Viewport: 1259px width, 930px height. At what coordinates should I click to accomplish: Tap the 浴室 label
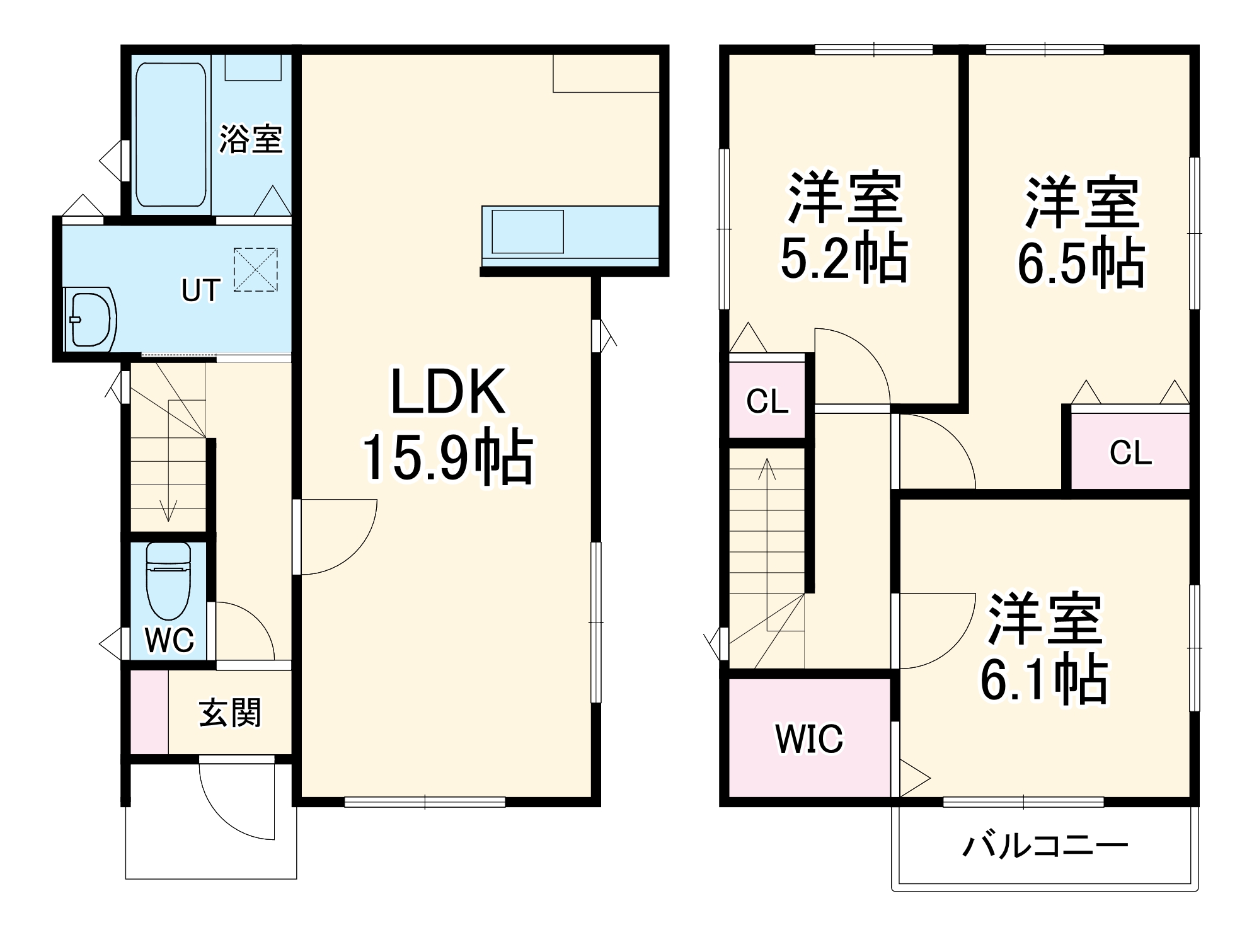[x=251, y=139]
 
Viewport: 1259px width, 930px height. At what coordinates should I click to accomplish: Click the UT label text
[x=200, y=290]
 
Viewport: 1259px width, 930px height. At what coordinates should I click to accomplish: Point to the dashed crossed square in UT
[x=255, y=270]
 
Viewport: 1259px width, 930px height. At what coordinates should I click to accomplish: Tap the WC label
[x=170, y=640]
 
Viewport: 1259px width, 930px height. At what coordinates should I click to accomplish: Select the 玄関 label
[x=229, y=714]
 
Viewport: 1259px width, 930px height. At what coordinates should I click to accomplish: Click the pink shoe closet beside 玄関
[x=149, y=712]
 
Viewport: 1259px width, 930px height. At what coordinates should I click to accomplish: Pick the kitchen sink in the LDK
[x=527, y=231]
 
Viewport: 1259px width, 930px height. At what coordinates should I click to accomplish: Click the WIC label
[x=809, y=739]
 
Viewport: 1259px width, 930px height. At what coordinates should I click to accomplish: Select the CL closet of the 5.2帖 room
[x=767, y=401]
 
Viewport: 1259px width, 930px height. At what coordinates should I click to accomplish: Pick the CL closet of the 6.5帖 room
[x=1130, y=452]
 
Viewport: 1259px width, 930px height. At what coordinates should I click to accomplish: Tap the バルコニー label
[x=1045, y=846]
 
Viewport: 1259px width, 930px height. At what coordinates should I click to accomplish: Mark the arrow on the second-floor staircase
[x=767, y=479]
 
